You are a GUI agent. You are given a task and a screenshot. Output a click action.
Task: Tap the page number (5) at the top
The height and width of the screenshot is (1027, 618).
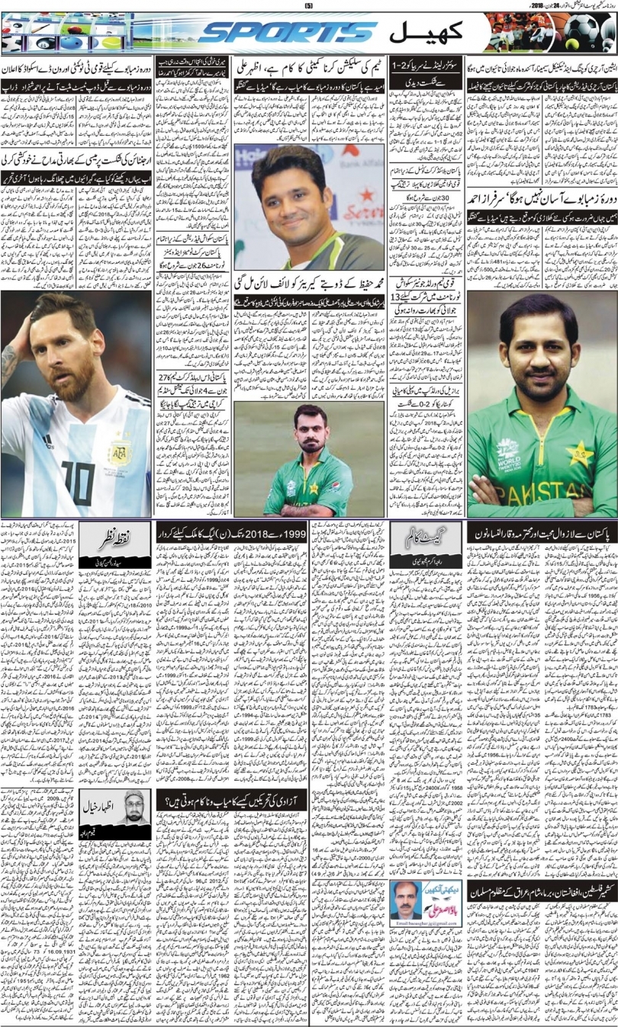coord(309,5)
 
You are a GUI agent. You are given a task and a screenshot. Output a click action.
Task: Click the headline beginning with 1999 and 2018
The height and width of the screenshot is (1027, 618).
coord(229,531)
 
